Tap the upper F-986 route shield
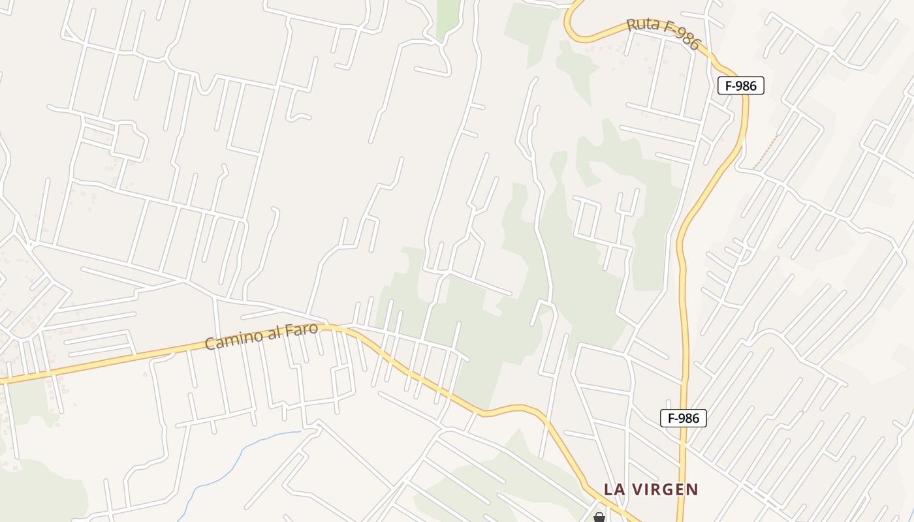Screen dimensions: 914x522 [740, 85]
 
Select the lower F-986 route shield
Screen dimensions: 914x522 [683, 418]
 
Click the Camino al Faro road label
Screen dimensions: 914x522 [261, 336]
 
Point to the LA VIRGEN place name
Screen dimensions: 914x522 [651, 489]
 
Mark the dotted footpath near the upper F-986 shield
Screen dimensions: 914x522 [766, 151]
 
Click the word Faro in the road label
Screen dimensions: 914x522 [302, 329]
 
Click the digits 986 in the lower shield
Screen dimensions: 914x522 [689, 418]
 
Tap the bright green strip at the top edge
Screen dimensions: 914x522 [448, 16]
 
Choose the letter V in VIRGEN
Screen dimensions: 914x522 [636, 489]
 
